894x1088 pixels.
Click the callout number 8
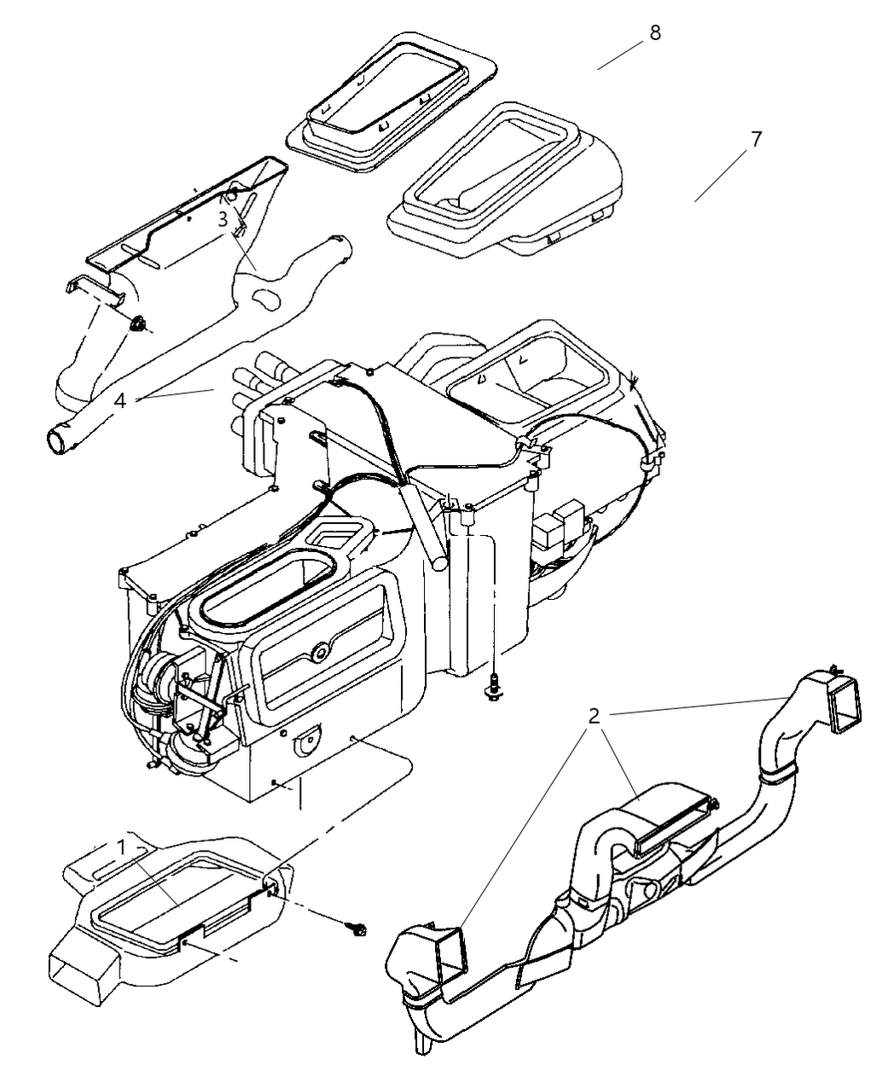click(x=654, y=33)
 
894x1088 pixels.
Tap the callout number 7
click(x=755, y=139)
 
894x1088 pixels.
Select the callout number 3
click(x=223, y=219)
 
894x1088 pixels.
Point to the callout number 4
click(x=121, y=400)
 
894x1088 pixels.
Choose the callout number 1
click(x=123, y=847)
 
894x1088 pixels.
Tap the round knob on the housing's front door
click(x=321, y=653)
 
